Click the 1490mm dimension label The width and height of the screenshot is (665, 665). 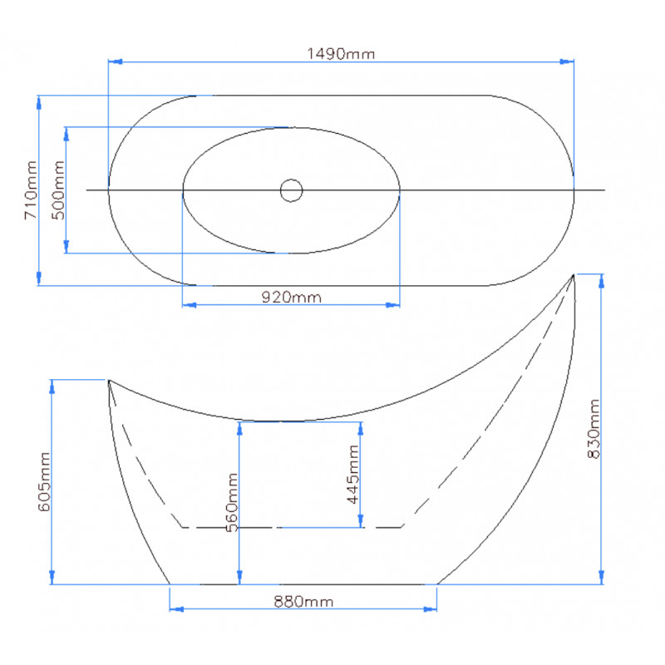[x=341, y=54]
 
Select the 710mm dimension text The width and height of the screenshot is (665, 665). [x=31, y=190]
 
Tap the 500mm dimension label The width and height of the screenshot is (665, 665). [x=58, y=190]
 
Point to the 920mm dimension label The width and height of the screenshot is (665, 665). [x=292, y=297]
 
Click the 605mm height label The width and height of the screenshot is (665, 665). [x=44, y=482]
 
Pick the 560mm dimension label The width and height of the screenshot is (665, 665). [x=232, y=503]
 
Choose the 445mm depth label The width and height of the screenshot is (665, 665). [x=352, y=474]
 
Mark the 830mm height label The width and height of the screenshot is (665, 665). [x=594, y=429]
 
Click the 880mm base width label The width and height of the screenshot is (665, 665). [x=303, y=601]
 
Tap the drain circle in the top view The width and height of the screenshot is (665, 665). [x=292, y=180]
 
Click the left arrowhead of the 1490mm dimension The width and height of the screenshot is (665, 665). [x=116, y=62]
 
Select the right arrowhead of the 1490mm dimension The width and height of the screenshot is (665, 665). [x=567, y=62]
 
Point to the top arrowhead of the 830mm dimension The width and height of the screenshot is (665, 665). [x=601, y=281]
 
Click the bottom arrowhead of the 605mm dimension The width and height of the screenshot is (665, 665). [x=52, y=577]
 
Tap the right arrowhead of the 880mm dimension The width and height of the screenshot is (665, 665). [x=430, y=609]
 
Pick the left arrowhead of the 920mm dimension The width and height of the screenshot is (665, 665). [x=190, y=304]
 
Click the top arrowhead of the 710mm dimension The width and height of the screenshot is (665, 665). [x=38, y=103]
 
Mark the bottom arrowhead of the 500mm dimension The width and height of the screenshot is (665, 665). [x=66, y=246]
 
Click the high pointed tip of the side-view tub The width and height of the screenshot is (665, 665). [x=574, y=275]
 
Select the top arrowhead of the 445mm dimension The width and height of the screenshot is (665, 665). [x=361, y=429]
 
